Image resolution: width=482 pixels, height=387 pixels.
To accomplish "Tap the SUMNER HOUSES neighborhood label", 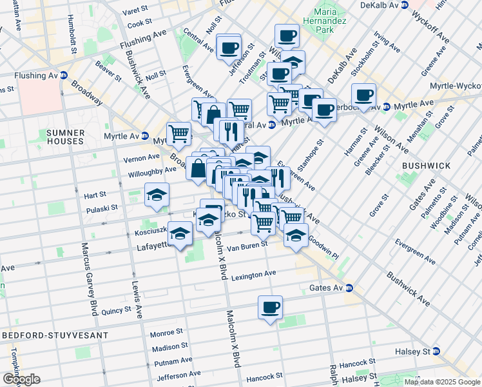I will pyautogui.click(x=65, y=137).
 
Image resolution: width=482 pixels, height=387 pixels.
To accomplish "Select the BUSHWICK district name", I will pyautogui.click(x=426, y=166).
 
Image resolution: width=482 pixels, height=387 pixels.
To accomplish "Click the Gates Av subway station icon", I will pyautogui.click(x=348, y=288).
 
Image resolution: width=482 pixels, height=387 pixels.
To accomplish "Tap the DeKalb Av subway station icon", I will pyautogui.click(x=404, y=5).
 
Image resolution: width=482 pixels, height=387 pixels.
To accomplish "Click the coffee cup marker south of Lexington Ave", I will pyautogui.click(x=271, y=307).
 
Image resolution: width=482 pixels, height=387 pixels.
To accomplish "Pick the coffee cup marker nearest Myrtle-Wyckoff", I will pyautogui.click(x=363, y=95).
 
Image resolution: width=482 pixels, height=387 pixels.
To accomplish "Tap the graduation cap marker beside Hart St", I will pyautogui.click(x=156, y=196).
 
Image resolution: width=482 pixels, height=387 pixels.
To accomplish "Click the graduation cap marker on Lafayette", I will pyautogui.click(x=182, y=234).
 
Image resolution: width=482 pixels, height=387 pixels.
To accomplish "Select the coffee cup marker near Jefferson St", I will pyautogui.click(x=229, y=46).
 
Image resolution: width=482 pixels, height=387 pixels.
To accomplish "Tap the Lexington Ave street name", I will pyautogui.click(x=255, y=275).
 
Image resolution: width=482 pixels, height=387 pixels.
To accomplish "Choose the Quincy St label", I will pyautogui.click(x=116, y=311).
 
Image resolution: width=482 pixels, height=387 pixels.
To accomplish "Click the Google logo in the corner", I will pyautogui.click(x=21, y=379).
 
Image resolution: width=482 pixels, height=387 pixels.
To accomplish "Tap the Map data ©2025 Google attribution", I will pyautogui.click(x=441, y=382).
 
